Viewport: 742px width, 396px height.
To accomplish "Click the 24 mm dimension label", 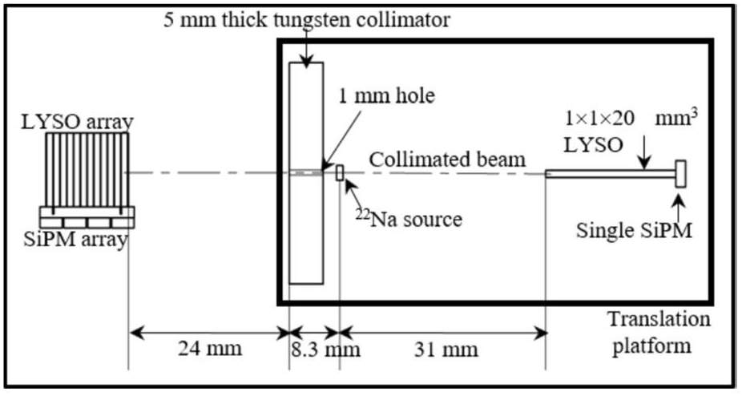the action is (x=210, y=350).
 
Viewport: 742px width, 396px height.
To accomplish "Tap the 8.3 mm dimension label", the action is (x=325, y=350).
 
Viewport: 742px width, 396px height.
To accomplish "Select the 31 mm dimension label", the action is (x=446, y=350).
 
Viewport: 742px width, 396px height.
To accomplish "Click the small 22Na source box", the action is (x=339, y=173).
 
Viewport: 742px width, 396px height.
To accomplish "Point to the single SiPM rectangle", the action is (x=680, y=174).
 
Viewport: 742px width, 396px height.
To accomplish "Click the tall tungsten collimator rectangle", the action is (x=306, y=173).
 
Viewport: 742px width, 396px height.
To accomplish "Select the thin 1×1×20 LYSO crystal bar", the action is (x=611, y=174).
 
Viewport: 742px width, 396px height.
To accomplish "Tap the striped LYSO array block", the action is (x=87, y=170).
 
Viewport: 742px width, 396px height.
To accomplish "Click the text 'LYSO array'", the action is (x=78, y=122).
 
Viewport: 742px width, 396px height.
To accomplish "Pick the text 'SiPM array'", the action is (x=75, y=239).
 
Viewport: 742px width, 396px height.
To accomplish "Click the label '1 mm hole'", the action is (x=386, y=96).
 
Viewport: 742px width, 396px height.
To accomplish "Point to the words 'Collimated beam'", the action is (x=447, y=160).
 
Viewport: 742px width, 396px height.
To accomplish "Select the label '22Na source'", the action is (x=409, y=219).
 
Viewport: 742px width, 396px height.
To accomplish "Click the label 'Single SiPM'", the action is (x=634, y=231).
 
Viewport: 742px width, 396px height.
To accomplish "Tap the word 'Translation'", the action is (x=659, y=319).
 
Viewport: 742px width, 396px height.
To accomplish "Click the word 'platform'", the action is (x=651, y=345).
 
